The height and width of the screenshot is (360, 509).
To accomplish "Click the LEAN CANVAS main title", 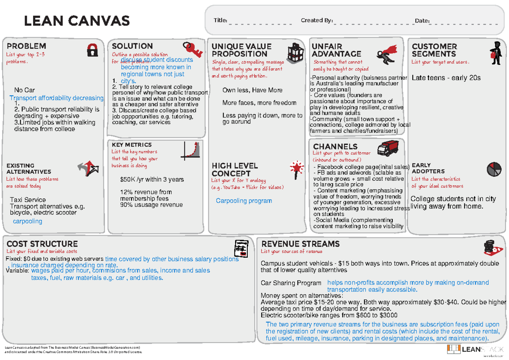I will (77, 20).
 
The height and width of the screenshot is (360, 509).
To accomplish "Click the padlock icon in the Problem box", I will (92, 50).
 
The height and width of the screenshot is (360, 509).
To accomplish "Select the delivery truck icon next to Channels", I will (387, 148).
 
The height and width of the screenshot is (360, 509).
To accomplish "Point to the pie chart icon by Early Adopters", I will (492, 169).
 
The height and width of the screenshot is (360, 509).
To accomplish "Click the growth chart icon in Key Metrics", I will (190, 151).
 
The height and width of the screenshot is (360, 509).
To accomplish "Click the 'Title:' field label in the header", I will (221, 20).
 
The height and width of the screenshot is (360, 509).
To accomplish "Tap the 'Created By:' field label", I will (316, 20).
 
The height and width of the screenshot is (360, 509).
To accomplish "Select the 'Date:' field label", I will (422, 21).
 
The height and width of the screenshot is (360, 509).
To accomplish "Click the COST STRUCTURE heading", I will (42, 244).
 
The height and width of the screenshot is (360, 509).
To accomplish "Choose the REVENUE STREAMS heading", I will (300, 244).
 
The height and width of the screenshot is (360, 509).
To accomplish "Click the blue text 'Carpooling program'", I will (244, 201).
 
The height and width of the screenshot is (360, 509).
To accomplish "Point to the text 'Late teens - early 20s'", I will (446, 78).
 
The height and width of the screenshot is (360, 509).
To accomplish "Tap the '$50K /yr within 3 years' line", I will (152, 179).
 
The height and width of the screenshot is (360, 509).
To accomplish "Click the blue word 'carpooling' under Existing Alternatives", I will (28, 221).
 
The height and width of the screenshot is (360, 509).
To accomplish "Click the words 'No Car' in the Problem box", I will (25, 90).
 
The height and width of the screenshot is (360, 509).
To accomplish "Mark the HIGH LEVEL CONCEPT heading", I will (235, 170).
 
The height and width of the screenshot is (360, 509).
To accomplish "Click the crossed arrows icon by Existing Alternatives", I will (88, 169).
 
